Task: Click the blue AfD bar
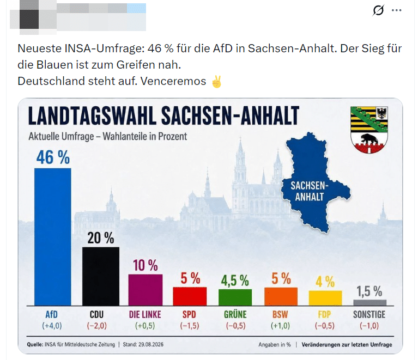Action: pos(53,237)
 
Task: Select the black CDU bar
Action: pos(101,276)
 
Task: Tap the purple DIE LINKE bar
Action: pos(146,290)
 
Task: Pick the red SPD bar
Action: pos(190,296)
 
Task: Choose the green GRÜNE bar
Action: pos(235,297)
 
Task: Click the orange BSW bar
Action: pos(281,297)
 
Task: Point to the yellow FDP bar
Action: pos(325,298)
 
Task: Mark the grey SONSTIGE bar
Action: pos(369,303)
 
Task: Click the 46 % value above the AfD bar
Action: pos(53,157)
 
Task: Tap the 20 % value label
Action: pos(101,237)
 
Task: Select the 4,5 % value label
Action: pos(235,280)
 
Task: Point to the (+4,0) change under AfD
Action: pos(52,326)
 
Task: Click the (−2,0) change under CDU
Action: pos(97,326)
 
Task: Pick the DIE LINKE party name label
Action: pos(145,314)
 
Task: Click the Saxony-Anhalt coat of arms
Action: pos(369,130)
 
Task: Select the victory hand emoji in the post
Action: pos(216,82)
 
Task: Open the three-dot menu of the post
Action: pos(396,10)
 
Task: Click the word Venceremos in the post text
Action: pos(173,81)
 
